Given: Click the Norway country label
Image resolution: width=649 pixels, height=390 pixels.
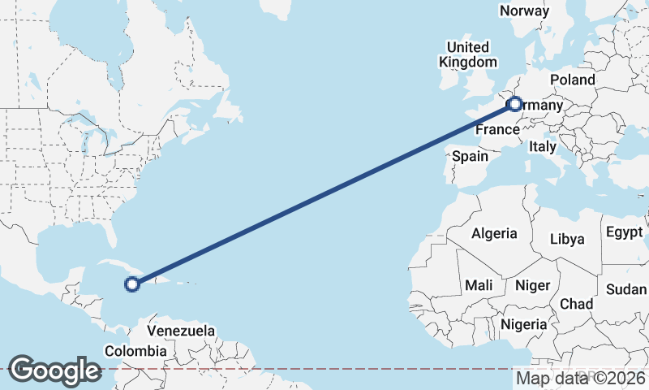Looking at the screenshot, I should tap(524, 11).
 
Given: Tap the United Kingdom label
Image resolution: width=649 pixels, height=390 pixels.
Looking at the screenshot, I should tap(468, 54).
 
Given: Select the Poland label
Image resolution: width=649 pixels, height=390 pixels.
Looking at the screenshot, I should tap(572, 80).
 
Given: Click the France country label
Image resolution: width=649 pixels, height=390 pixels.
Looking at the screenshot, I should tap(496, 130).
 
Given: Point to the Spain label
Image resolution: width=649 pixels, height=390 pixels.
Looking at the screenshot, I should tap(470, 156).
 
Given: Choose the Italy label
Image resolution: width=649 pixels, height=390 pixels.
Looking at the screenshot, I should tap(542, 147).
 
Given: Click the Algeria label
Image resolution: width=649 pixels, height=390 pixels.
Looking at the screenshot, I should tap(494, 233).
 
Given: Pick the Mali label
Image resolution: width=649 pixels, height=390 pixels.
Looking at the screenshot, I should tap(479, 285).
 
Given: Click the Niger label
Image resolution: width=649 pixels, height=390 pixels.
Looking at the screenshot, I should tap(533, 285).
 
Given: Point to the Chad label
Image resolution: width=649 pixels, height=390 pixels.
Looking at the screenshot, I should tap(576, 303).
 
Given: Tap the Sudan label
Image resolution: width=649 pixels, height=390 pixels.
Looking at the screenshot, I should tap(626, 289).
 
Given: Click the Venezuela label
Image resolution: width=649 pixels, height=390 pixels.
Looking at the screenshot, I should tap(181, 331).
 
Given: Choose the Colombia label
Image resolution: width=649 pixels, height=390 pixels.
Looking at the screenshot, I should tap(135, 351).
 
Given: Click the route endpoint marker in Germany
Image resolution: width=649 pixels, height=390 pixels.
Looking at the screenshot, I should tap(514, 104).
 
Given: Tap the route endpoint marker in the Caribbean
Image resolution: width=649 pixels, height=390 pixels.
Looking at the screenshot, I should tap(132, 284).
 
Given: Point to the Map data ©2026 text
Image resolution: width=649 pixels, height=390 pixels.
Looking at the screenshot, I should tap(581, 378).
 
